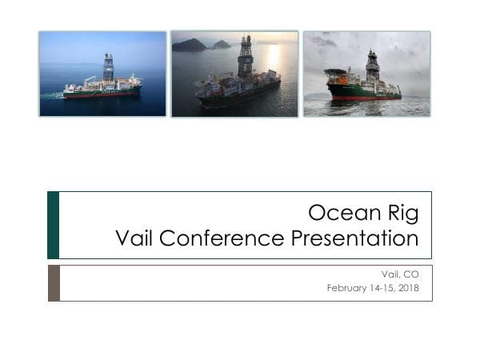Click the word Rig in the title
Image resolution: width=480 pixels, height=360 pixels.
coord(400,214)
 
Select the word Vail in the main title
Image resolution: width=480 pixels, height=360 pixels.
coord(134,238)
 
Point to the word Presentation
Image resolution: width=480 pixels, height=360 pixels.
coord(354,238)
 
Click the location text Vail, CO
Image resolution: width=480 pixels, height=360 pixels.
coord(402,274)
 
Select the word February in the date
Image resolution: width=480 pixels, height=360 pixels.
coord(346,288)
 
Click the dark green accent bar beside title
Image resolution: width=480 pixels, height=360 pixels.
coord(53,225)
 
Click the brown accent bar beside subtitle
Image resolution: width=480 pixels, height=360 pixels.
coord(53,283)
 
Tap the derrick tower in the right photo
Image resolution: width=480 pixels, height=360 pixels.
coord(372,64)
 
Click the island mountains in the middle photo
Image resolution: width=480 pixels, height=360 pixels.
coord(192,45)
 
